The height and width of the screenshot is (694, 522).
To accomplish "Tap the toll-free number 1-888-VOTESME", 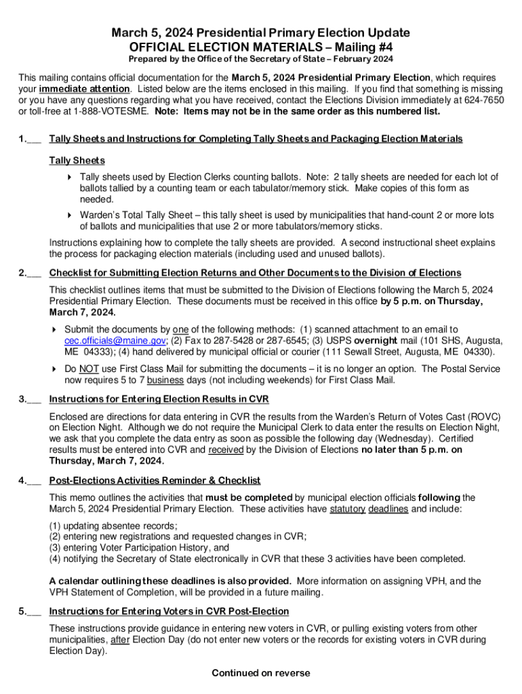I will pyautogui.click(x=111, y=112).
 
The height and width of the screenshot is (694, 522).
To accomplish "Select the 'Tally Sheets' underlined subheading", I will pyautogui.click(x=77, y=161).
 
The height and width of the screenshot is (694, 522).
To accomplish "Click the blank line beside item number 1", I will pyautogui.click(x=35, y=140).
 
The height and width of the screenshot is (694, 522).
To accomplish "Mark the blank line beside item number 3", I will pyautogui.click(x=35, y=400).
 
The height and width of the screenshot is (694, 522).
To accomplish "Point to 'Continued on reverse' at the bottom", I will pyautogui.click(x=261, y=673).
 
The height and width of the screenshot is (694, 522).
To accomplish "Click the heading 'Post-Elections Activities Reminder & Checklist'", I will pyautogui.click(x=155, y=481).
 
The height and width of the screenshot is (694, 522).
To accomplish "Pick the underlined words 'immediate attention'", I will pyautogui.click(x=84, y=89).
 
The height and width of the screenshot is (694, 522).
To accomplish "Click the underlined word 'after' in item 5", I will pyautogui.click(x=119, y=639).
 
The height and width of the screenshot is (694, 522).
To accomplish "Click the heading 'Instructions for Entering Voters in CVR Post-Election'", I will pyautogui.click(x=159, y=611).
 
